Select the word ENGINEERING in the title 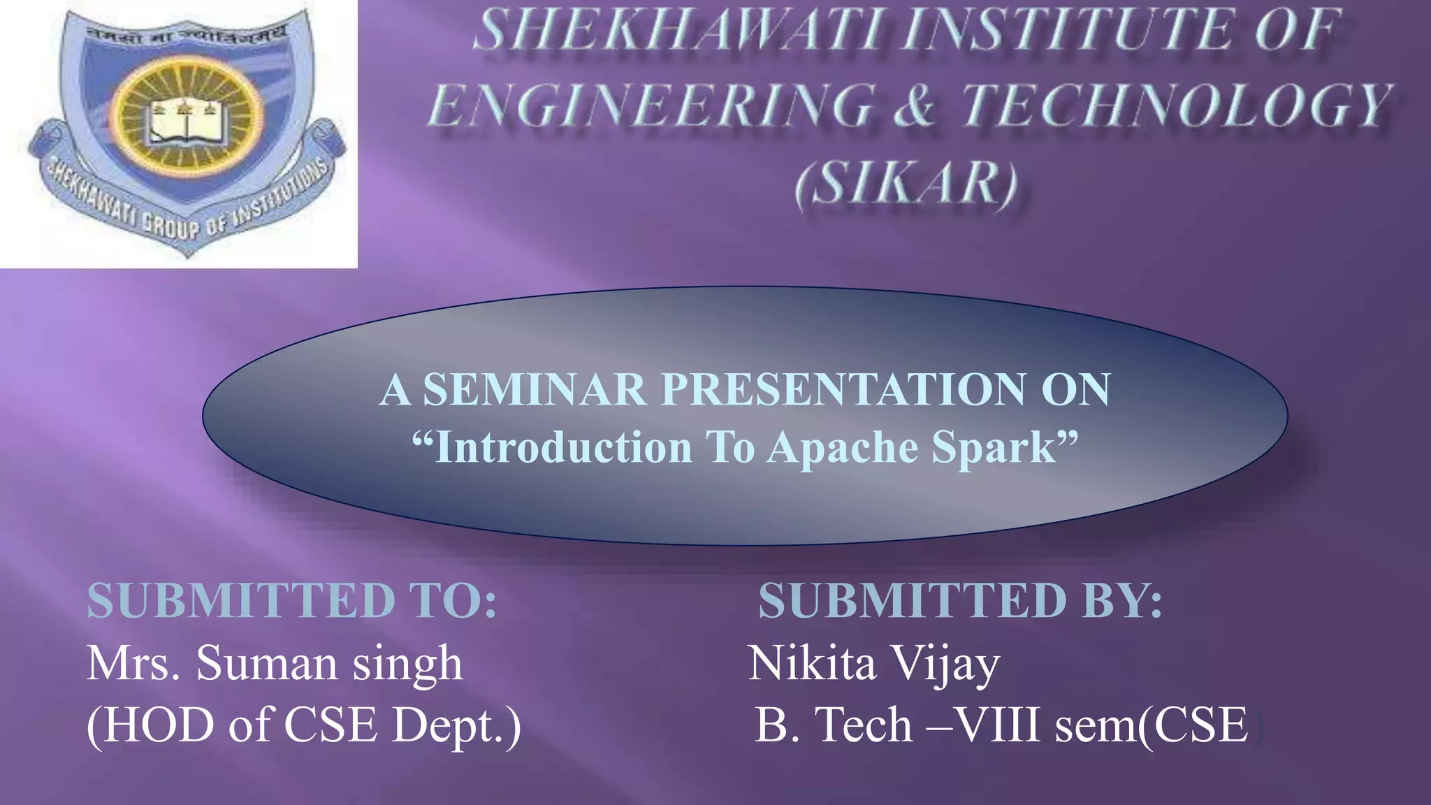651,106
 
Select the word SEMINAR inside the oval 535,389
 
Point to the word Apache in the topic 843,447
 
